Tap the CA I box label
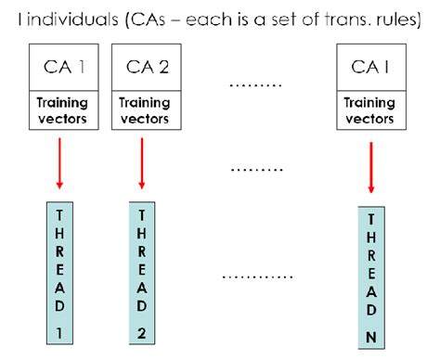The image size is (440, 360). (x=370, y=68)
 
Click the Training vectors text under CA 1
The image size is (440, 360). (x=63, y=111)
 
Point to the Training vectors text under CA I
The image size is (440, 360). (x=370, y=111)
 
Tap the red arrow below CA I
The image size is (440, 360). (x=371, y=167)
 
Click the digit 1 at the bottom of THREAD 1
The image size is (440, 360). (x=60, y=331)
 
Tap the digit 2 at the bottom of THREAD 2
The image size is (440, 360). (x=142, y=331)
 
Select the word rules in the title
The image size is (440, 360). (x=400, y=20)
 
